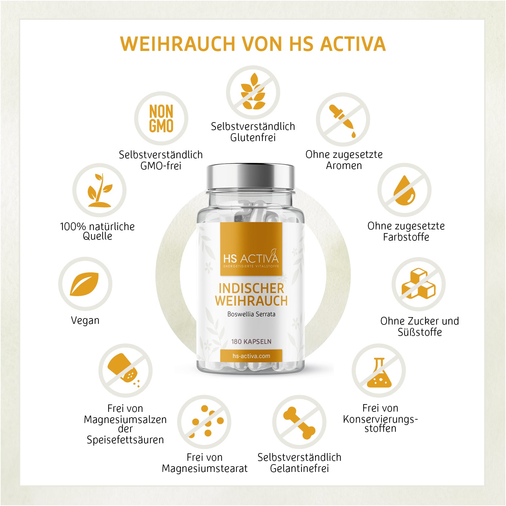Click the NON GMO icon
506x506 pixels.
coord(161,118)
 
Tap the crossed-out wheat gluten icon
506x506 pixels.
coord(253,92)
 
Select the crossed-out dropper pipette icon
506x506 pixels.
coord(343,120)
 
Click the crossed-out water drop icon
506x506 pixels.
coord(404,190)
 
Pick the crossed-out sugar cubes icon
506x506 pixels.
coord(419,284)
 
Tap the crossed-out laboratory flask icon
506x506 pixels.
coord(379,371)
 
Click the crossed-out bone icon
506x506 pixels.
coord(299,422)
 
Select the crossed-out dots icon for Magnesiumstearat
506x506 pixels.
coord(204,422)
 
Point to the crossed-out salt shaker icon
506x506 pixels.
coord(125,371)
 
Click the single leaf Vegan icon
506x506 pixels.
coord(85,284)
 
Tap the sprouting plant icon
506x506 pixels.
coord(100,190)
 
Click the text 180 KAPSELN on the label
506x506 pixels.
coord(251,341)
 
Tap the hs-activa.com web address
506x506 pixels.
coord(251,356)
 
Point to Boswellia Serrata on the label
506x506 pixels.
coord(251,314)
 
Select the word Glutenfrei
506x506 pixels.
coord(253,138)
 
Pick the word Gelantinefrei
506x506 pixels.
coord(300,469)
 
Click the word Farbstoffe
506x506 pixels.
coord(406,237)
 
